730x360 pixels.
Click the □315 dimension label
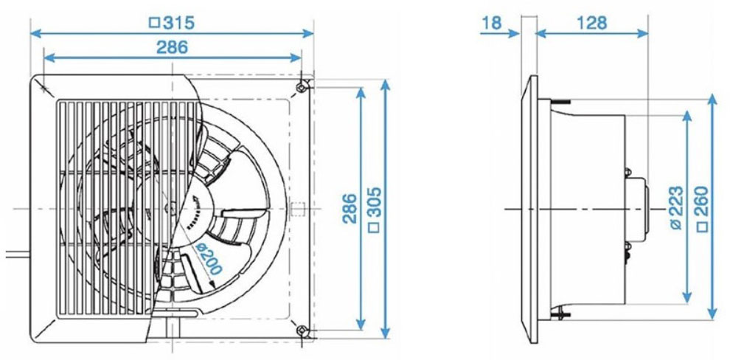[172, 22]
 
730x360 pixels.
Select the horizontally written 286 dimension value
[172, 47]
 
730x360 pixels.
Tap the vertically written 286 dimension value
[349, 208]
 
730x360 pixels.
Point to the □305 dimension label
[374, 208]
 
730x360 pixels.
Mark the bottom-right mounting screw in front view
[302, 330]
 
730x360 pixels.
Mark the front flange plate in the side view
[529, 209]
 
